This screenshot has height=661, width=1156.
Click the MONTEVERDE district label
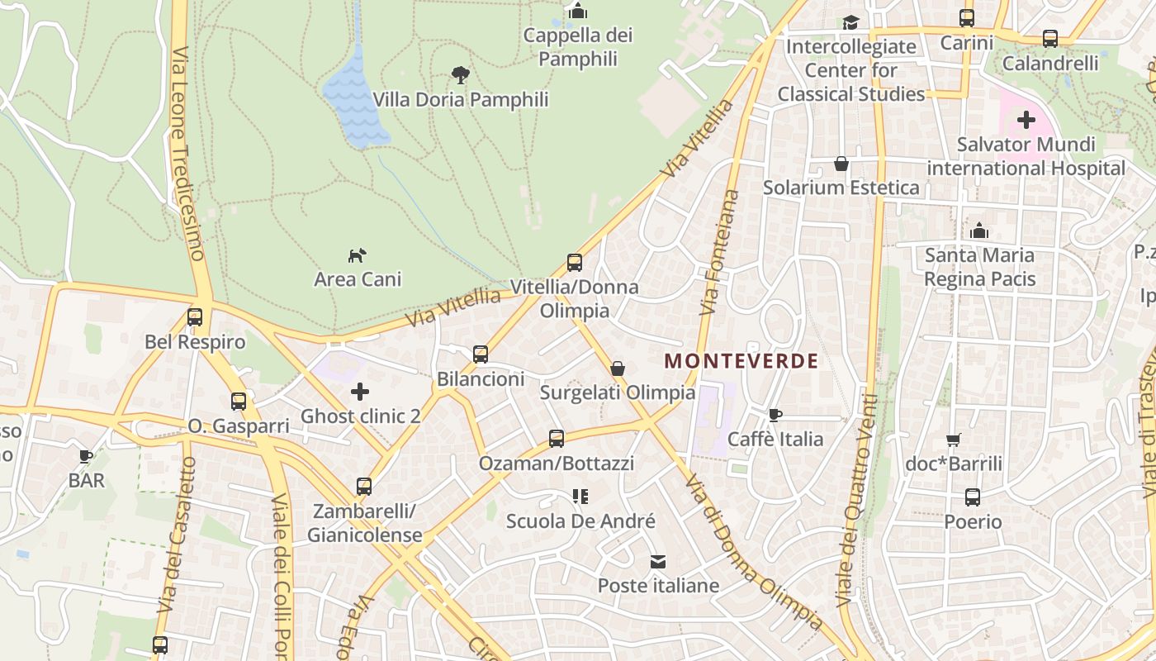tap(741, 361)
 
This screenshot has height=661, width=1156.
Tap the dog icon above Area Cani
tap(357, 255)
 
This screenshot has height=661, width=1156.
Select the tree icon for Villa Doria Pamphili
tap(461, 75)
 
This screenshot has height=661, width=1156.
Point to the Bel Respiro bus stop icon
tap(195, 317)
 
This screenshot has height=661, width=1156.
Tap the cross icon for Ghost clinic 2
tap(360, 392)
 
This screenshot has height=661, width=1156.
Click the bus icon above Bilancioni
tap(481, 354)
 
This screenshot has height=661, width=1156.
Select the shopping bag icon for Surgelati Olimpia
tap(618, 369)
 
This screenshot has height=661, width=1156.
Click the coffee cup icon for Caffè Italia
tap(775, 415)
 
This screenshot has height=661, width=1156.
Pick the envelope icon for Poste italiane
tap(658, 562)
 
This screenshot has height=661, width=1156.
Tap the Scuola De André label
tap(580, 521)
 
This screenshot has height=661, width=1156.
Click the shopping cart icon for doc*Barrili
tap(954, 440)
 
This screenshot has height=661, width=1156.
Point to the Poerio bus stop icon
tap(973, 497)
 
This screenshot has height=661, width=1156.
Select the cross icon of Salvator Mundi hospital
tap(1026, 121)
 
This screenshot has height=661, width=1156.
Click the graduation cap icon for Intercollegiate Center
tap(850, 22)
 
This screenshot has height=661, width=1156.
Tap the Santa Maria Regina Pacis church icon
tap(979, 231)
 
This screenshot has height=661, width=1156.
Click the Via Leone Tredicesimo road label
tap(187, 153)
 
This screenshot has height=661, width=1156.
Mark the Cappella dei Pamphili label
tap(578, 47)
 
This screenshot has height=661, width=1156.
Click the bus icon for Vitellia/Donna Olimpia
tap(575, 263)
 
